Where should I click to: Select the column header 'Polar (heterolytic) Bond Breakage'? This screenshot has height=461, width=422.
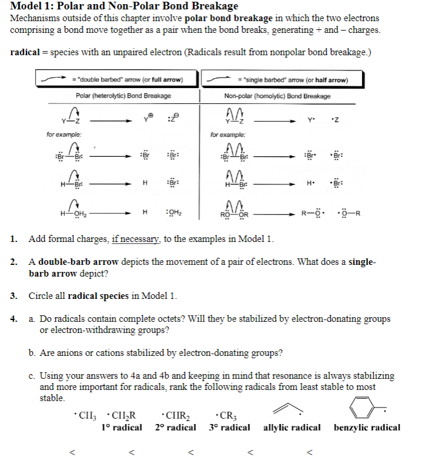123,96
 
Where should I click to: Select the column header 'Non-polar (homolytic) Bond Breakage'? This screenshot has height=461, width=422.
277,96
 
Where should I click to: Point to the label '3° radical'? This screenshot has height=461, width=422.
229,427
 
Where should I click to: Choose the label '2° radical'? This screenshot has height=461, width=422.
175,427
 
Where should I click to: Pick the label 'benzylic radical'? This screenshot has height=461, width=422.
367,427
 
